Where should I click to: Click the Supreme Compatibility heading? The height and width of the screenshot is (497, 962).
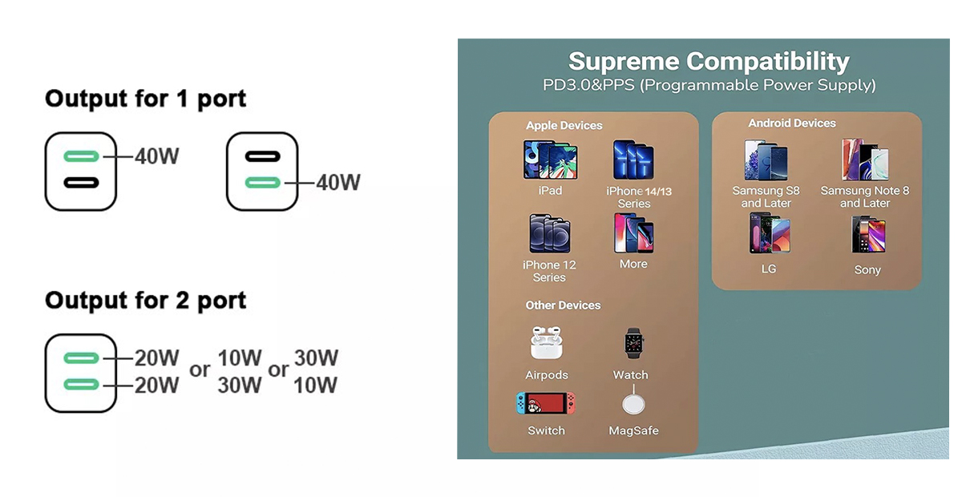709,62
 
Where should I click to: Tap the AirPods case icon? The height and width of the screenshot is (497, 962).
546,342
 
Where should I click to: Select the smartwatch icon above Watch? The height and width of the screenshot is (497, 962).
633,343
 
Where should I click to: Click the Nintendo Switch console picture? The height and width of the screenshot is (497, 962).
546,403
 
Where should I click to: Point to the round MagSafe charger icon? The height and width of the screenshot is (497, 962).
633,404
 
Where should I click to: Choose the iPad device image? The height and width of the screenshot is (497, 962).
550,160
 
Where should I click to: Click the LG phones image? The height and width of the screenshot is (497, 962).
769,234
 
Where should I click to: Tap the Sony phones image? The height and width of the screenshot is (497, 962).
868,235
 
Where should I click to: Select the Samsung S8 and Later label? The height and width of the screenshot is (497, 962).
766,196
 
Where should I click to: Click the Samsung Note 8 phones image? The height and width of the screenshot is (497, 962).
865,160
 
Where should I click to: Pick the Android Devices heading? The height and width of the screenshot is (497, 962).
792,123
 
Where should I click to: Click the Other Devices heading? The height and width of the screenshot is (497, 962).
563,305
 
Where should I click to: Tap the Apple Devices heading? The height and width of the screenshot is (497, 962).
564,125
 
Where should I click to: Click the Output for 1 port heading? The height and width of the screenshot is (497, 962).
145,99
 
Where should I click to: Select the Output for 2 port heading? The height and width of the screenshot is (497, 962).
145,301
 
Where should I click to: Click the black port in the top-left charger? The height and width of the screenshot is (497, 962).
81,183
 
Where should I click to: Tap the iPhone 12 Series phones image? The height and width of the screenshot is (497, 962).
550,233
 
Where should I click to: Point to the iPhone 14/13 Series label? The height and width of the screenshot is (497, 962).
639,197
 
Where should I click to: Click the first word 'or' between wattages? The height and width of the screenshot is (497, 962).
200,370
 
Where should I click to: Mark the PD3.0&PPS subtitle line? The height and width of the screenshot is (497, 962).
709,85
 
